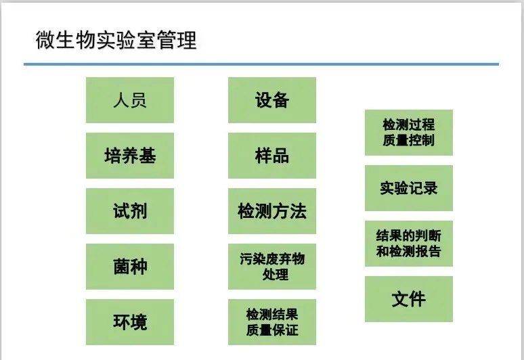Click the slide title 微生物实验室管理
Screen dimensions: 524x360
(x=116, y=41)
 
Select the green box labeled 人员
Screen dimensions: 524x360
(x=130, y=100)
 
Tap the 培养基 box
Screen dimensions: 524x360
(x=130, y=156)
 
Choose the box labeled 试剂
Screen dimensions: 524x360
(x=130, y=211)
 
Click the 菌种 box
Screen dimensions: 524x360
(x=130, y=267)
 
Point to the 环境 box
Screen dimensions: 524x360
(x=130, y=322)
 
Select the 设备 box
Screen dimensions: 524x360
(x=272, y=100)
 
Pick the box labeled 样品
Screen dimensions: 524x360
(x=272, y=156)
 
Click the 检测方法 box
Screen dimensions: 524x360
(x=272, y=211)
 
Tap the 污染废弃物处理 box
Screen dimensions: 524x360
(x=272, y=267)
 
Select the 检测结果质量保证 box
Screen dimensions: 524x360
(x=272, y=322)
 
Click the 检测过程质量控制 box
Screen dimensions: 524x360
(x=409, y=133)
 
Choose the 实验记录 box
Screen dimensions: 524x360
(x=409, y=188)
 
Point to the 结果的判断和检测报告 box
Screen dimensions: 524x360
(x=409, y=244)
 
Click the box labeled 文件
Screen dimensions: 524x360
(x=409, y=299)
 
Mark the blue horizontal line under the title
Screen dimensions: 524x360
(x=261, y=64)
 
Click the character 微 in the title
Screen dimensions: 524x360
(x=45, y=41)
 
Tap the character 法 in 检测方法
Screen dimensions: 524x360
(x=298, y=211)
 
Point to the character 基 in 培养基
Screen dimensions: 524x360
(x=148, y=156)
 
